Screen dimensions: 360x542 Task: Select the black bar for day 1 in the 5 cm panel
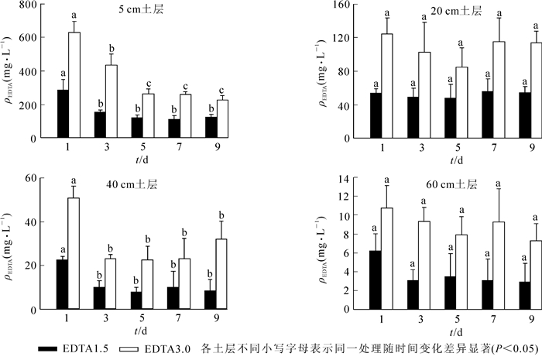[x=63, y=114]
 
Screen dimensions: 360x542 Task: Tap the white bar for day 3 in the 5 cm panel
[x=111, y=101]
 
